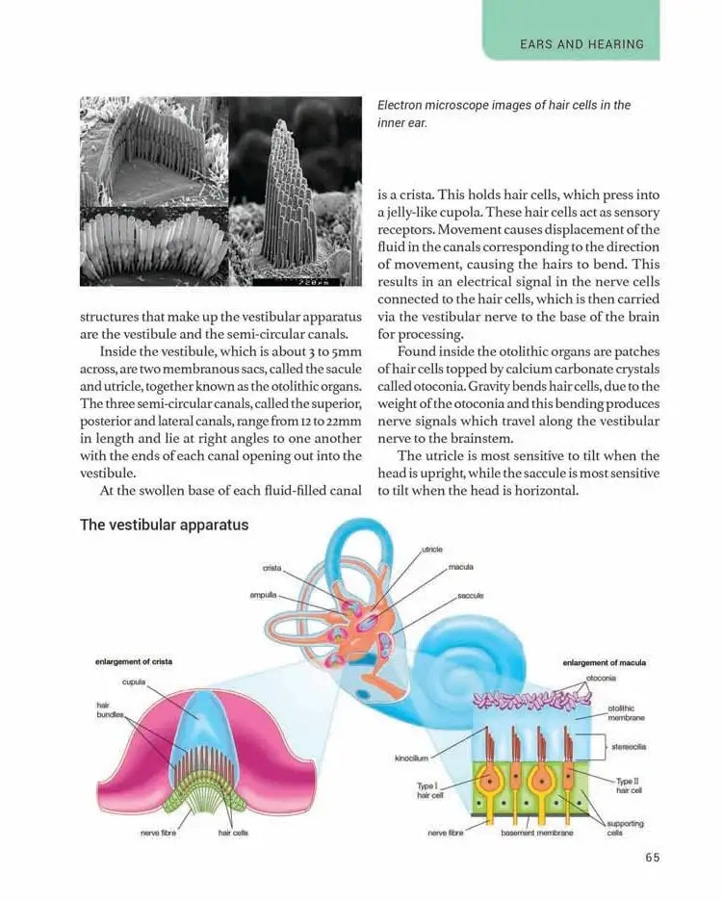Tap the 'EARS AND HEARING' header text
click(581, 44)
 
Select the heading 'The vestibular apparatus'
click(164, 525)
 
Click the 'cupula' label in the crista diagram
click(134, 681)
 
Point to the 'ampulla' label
click(264, 595)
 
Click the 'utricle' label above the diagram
click(432, 549)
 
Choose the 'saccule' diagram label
click(471, 596)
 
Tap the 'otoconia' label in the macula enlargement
click(601, 678)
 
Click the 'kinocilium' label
click(412, 758)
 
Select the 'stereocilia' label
click(628, 746)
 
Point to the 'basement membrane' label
click(537, 833)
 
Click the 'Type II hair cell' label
click(629, 785)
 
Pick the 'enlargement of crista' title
click(134, 662)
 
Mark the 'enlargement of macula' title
click(604, 662)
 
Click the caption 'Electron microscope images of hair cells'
click(504, 114)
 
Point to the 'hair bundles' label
click(107, 710)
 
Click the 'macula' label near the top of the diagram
click(461, 567)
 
